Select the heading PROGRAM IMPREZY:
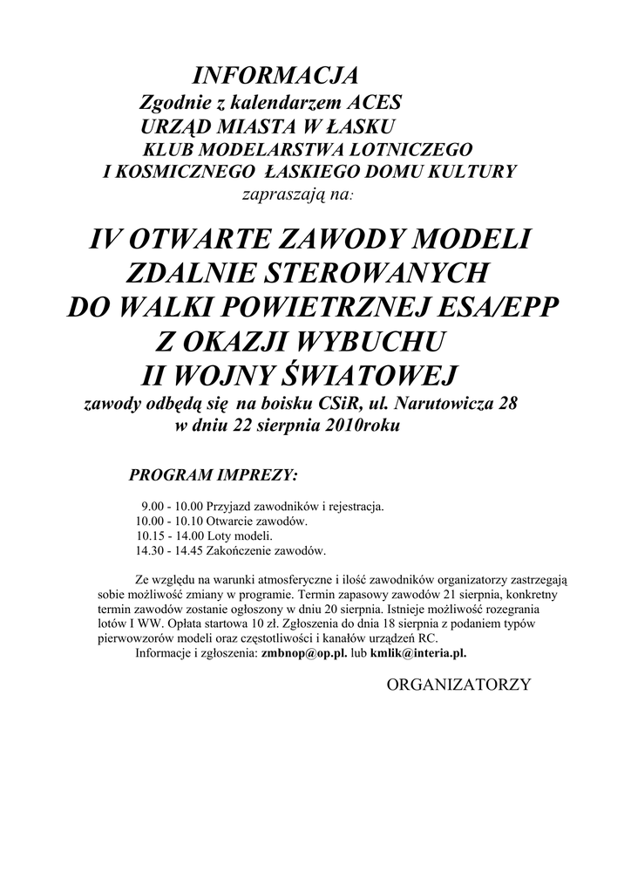click(x=213, y=476)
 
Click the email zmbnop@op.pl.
click(x=299, y=653)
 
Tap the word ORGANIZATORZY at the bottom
click(x=458, y=685)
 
